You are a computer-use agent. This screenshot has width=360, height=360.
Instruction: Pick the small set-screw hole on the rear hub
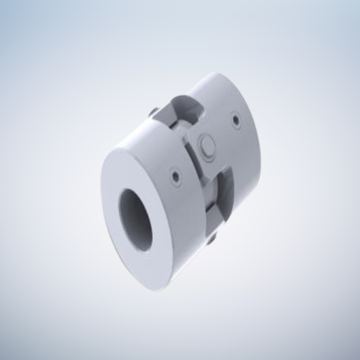pyautogui.click(x=236, y=120)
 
